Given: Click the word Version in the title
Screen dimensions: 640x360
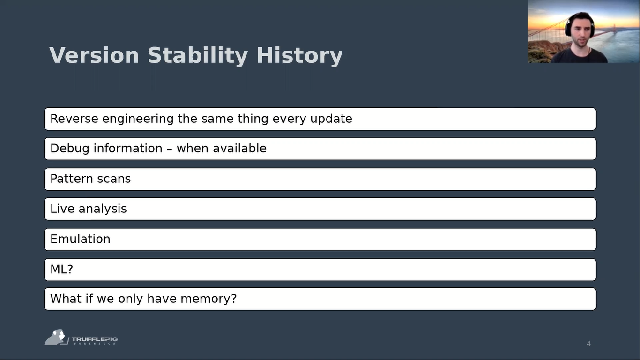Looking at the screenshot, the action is pyautogui.click(x=94, y=55).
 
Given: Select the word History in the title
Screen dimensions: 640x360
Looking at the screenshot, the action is pyautogui.click(x=299, y=56).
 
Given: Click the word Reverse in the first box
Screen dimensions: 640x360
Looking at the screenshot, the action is pyautogui.click(x=74, y=119).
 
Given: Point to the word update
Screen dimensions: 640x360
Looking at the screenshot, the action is pyautogui.click(x=331, y=119).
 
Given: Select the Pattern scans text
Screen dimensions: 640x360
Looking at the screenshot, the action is pyautogui.click(x=90, y=179).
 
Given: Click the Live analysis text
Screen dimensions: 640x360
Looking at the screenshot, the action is pyautogui.click(x=88, y=209).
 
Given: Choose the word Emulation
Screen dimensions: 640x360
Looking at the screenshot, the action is pyautogui.click(x=80, y=239).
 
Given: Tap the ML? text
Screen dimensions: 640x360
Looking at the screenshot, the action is pyautogui.click(x=62, y=269).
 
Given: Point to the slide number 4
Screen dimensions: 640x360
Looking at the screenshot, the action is pyautogui.click(x=588, y=344).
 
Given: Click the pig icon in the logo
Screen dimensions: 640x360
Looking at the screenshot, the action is pyautogui.click(x=56, y=337).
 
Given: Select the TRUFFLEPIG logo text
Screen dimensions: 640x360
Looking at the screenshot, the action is pyautogui.click(x=95, y=339).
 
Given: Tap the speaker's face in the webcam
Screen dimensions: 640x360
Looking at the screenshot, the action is pyautogui.click(x=580, y=32).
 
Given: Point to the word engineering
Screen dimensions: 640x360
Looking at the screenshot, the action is pyautogui.click(x=138, y=119).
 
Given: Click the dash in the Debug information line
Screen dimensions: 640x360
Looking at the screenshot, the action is pyautogui.click(x=169, y=149).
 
